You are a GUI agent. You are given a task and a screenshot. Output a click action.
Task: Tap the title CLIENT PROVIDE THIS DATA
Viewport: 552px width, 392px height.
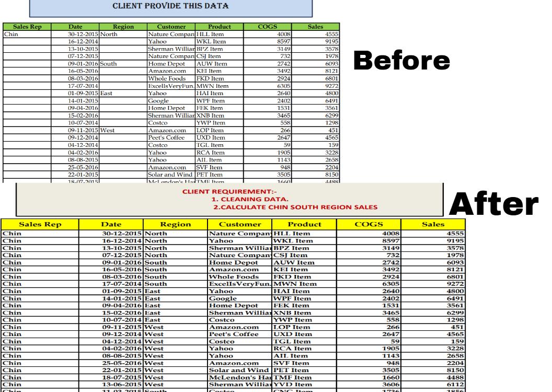point(170,6)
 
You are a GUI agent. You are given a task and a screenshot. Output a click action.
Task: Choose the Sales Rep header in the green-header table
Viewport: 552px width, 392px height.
point(26,27)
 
